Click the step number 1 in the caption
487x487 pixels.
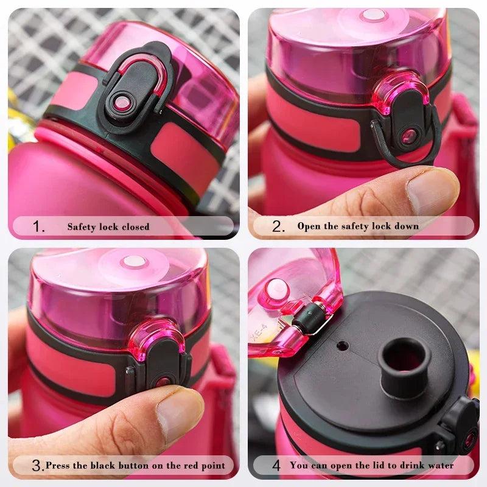(x=38, y=227)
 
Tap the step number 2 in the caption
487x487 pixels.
(x=278, y=226)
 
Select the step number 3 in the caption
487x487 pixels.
(x=37, y=466)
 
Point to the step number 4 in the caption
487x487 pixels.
(x=276, y=466)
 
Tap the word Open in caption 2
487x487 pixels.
(x=309, y=226)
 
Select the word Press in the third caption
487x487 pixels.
(x=58, y=466)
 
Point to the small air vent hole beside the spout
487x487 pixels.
(x=343, y=346)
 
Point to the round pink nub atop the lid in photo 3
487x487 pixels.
(x=133, y=262)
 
